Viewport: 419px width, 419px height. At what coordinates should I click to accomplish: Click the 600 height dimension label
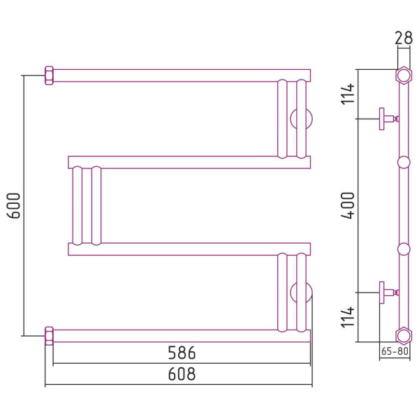pos(14,206)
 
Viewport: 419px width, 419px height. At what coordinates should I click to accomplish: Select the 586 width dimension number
pos(182,353)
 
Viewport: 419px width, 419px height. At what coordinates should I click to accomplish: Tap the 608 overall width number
pos(182,374)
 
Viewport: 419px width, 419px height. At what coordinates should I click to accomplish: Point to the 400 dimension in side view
pos(348,206)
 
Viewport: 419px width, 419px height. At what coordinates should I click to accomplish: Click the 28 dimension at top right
pos(404,38)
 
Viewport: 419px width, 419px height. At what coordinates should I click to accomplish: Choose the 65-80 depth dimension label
pos(395,351)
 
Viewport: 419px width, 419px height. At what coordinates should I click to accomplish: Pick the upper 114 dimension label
pos(348,94)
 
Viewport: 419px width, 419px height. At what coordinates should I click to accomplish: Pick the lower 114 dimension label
pos(348,317)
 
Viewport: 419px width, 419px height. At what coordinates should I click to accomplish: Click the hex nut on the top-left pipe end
pos(49,75)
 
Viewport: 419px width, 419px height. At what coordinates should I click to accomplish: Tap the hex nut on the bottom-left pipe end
pos(49,336)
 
